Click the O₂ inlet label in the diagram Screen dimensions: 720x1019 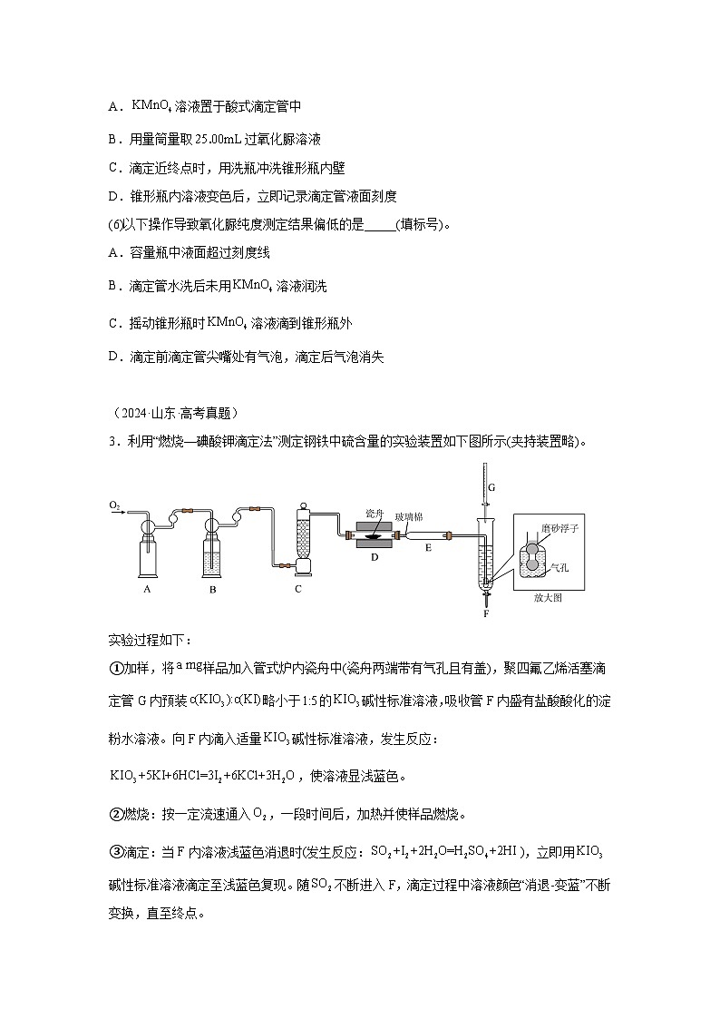115,504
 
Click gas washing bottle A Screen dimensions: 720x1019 147,554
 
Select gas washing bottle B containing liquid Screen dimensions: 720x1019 211,554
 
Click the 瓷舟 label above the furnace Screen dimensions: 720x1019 374,513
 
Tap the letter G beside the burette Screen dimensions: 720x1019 491,487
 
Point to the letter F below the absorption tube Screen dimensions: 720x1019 486,613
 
